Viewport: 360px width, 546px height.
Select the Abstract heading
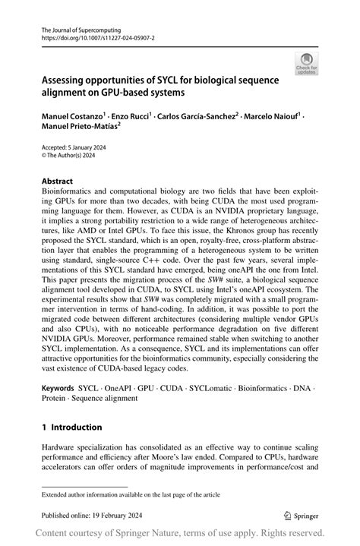tap(58, 182)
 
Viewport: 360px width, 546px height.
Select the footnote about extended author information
tap(131, 494)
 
